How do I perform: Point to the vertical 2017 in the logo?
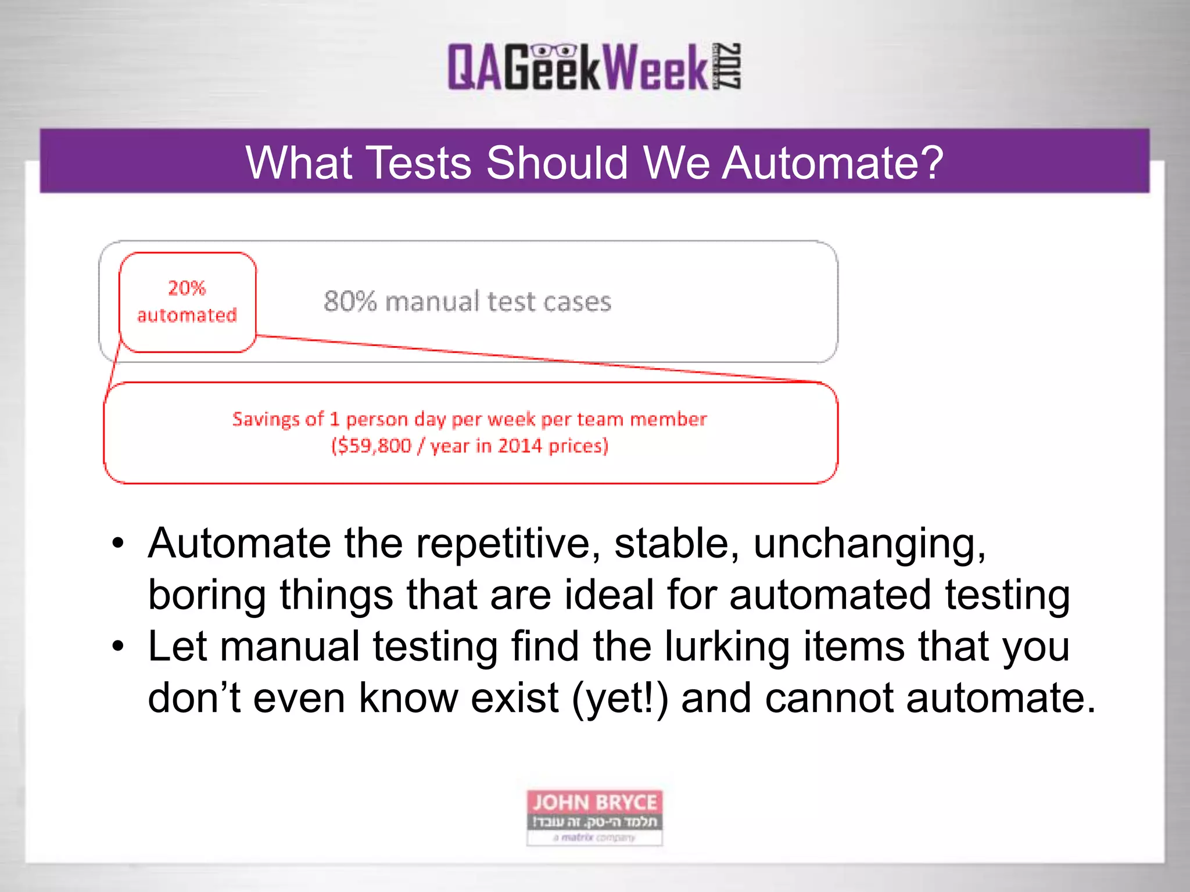728,66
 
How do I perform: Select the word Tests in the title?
418,163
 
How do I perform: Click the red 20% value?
187,287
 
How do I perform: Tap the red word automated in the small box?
187,315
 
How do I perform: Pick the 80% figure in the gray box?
350,301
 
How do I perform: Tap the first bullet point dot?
119,544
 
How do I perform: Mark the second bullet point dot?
119,646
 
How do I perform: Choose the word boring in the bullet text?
207,595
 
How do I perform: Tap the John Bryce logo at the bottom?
594,817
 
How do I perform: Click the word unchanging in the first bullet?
869,544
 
